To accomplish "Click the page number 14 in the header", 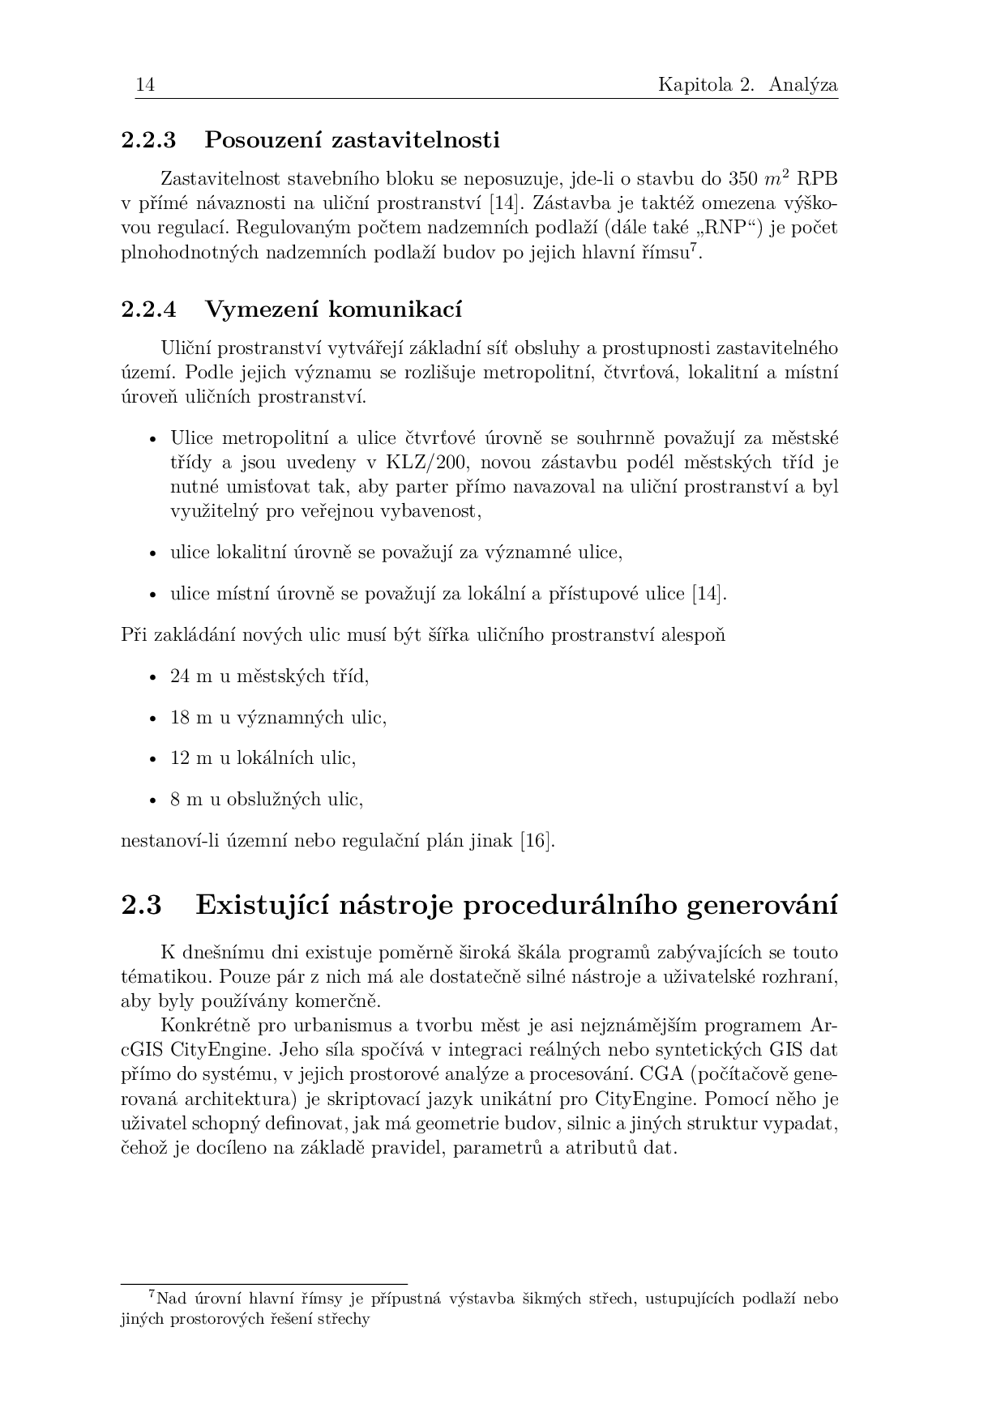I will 145,85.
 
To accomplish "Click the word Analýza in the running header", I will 803,85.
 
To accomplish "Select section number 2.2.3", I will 148,140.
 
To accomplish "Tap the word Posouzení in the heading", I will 263,140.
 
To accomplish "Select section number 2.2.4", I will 148,309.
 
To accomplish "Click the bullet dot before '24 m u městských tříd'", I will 153,676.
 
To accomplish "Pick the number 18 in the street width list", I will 179,718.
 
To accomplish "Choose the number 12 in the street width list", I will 179,758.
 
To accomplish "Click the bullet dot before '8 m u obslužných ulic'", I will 153,800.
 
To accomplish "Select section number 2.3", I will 141,905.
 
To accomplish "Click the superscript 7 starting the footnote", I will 152,1295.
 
